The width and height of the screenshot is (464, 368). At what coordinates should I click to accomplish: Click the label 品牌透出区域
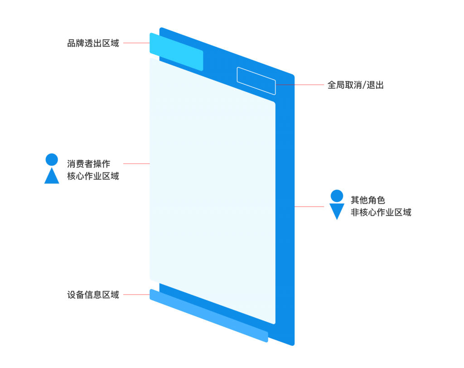pyautogui.click(x=93, y=43)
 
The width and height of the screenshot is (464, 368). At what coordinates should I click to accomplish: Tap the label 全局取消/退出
pyautogui.click(x=355, y=85)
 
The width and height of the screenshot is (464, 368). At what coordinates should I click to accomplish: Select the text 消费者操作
pyautogui.click(x=88, y=164)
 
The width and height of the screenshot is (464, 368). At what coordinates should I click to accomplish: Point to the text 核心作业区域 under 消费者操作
pyautogui.click(x=93, y=176)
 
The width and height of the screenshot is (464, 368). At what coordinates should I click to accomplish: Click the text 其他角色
pyautogui.click(x=368, y=200)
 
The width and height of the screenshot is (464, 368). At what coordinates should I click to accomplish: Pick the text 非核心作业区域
pyautogui.click(x=381, y=212)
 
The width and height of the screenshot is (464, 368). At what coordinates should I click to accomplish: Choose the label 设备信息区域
pyautogui.click(x=93, y=295)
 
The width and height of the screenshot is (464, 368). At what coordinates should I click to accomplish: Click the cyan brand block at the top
pyautogui.click(x=176, y=52)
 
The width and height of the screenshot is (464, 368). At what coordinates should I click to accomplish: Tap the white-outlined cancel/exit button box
pyautogui.click(x=256, y=81)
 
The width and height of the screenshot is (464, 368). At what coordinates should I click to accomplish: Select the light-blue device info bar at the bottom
pyautogui.click(x=209, y=315)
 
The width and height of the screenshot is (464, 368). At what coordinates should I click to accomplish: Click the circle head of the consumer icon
pyautogui.click(x=52, y=160)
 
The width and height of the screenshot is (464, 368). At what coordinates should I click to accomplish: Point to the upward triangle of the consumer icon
pyautogui.click(x=52, y=176)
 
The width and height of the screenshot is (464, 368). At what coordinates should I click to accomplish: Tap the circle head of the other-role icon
pyautogui.click(x=337, y=196)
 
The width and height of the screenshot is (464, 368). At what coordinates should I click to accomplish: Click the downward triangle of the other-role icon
pyautogui.click(x=337, y=211)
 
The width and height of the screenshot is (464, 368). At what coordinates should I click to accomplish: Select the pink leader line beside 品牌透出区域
pyautogui.click(x=136, y=43)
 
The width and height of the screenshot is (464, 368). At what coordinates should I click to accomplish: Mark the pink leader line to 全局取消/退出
pyautogui.click(x=300, y=85)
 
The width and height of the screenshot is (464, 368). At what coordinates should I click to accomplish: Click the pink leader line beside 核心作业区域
pyautogui.click(x=136, y=164)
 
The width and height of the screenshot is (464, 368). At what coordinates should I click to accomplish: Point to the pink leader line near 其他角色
pyautogui.click(x=309, y=206)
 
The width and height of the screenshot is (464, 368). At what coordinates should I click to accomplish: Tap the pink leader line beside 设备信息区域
pyautogui.click(x=136, y=295)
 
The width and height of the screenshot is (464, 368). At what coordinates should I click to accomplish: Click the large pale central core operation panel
pyautogui.click(x=213, y=191)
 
